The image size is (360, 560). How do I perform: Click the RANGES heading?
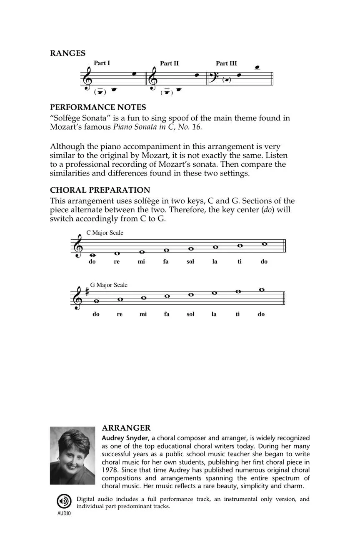(x=67, y=53)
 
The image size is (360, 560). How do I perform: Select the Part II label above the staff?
(x=169, y=63)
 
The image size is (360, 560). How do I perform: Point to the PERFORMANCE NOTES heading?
(x=98, y=108)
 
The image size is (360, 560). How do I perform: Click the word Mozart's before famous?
(x=65, y=127)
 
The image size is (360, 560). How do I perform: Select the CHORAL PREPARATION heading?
(x=100, y=190)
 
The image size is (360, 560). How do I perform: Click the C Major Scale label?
(x=105, y=233)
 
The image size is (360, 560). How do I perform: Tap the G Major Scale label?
(x=109, y=285)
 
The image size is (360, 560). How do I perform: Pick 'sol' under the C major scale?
(x=190, y=262)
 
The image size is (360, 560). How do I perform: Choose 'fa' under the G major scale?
(x=167, y=314)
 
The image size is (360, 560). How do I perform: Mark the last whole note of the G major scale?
(x=261, y=289)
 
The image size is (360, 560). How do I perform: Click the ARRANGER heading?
(x=126, y=428)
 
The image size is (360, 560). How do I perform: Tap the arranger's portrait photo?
(x=72, y=455)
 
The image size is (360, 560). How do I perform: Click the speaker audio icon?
(x=64, y=501)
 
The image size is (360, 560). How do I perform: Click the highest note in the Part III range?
(x=257, y=67)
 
